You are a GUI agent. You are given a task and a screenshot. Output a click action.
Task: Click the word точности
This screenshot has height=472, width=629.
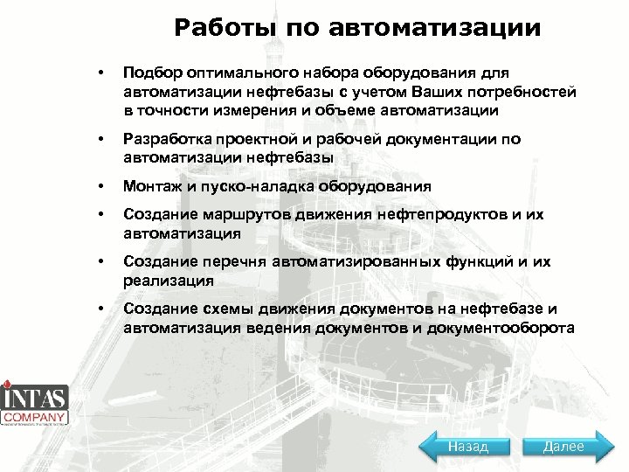click(x=172, y=110)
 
